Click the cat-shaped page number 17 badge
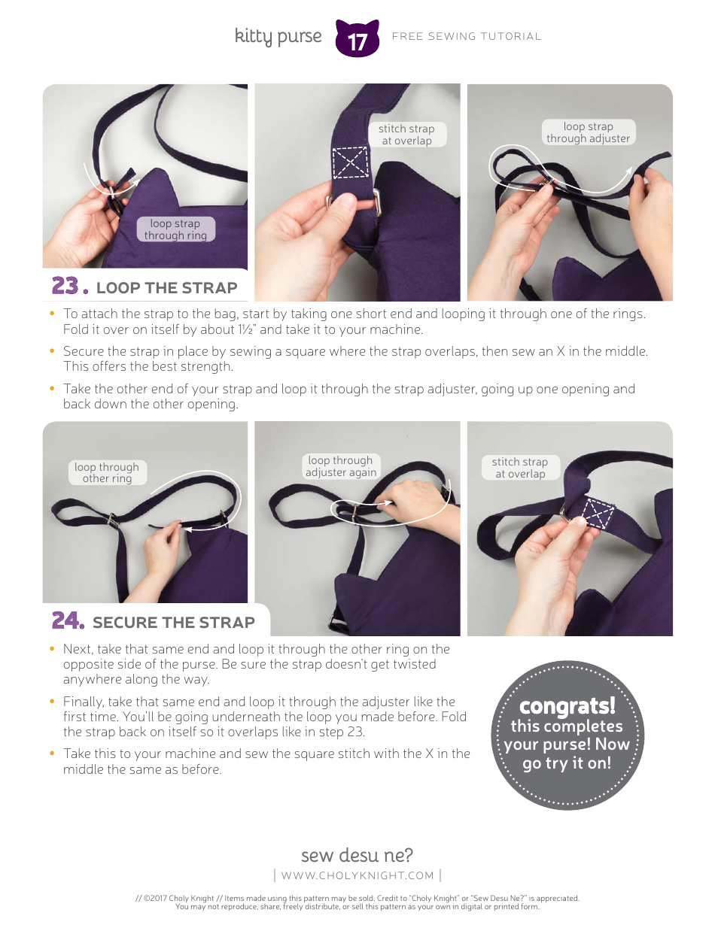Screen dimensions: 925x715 [x=357, y=38]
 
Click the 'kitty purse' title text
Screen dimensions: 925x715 [x=278, y=36]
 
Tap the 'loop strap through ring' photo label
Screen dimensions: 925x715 [x=175, y=229]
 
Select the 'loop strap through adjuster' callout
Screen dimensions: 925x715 [x=589, y=132]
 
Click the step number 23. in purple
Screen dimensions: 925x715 [x=70, y=287]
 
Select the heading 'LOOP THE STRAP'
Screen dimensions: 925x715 [x=166, y=288]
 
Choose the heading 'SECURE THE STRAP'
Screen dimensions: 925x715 [x=174, y=623]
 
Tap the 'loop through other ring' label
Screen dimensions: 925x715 [x=107, y=472]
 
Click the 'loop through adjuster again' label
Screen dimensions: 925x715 [x=340, y=466]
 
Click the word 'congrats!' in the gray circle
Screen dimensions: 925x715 [x=567, y=706]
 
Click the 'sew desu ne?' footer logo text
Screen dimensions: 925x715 [x=357, y=855]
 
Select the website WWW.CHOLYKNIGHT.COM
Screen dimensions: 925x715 [x=357, y=875]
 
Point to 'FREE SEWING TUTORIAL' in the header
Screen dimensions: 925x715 [x=467, y=36]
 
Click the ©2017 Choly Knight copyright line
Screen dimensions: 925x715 [x=357, y=897]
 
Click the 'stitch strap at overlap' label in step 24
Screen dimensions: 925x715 [x=520, y=468]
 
